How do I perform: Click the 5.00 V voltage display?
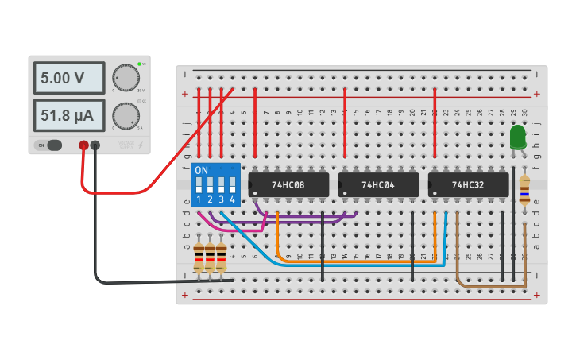[x=68, y=78]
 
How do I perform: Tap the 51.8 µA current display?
[x=68, y=116]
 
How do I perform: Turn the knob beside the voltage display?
[x=126, y=77]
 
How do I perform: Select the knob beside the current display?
[x=126, y=116]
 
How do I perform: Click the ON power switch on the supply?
[x=49, y=145]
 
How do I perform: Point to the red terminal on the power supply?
[x=83, y=145]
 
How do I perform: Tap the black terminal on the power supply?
[x=95, y=145]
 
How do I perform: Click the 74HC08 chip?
[x=288, y=184]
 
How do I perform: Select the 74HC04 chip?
[x=378, y=184]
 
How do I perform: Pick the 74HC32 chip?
[x=468, y=184]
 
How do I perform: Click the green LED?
[x=518, y=137]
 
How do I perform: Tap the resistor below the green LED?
[x=524, y=191]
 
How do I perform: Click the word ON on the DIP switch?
[x=202, y=170]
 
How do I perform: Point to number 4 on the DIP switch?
[x=232, y=199]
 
